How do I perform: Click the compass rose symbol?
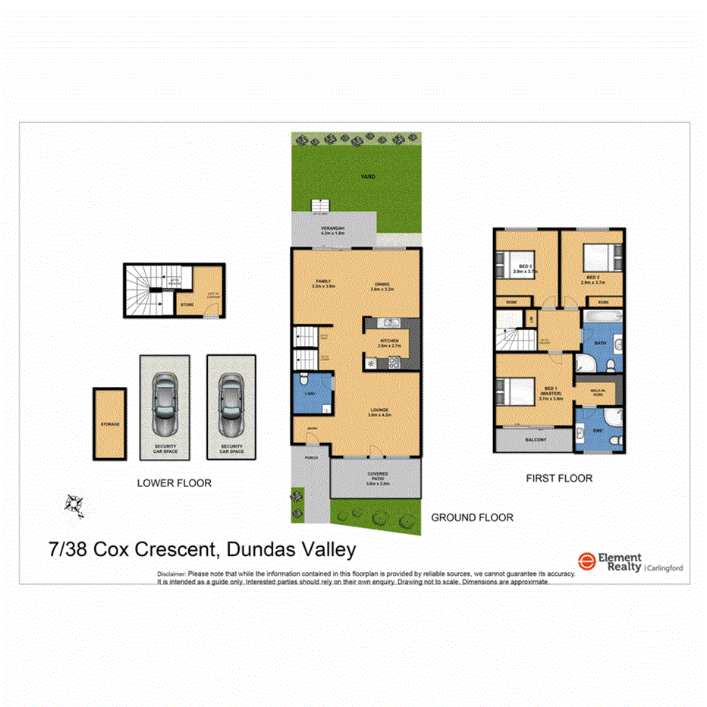click(74, 504)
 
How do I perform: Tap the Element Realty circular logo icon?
click(586, 562)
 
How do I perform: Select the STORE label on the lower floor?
click(187, 306)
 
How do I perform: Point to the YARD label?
click(368, 177)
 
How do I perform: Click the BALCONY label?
click(535, 439)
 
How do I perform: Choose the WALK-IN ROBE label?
click(599, 393)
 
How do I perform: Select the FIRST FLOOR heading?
click(559, 479)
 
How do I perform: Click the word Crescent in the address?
click(173, 550)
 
